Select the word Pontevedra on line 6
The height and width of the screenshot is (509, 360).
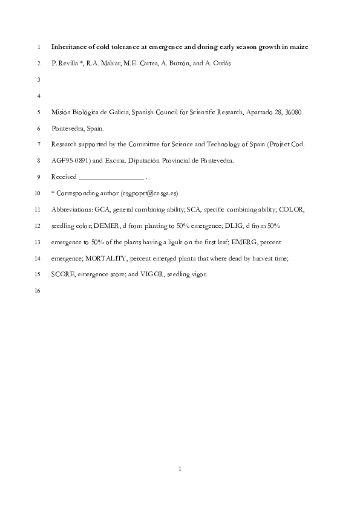[x=70, y=128]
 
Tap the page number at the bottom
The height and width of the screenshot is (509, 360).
[x=180, y=468]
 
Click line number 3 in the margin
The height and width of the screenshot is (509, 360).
[x=39, y=79]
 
